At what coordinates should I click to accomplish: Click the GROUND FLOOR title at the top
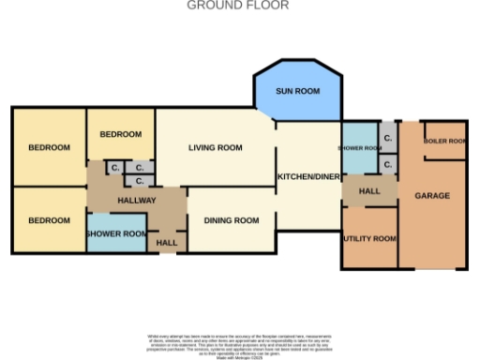(x=238, y=6)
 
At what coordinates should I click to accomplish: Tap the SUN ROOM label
(x=297, y=92)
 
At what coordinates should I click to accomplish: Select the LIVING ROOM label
(x=215, y=148)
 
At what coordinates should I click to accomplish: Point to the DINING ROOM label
(x=231, y=221)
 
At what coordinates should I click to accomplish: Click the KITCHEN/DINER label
(x=307, y=177)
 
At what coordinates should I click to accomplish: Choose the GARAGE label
(x=432, y=196)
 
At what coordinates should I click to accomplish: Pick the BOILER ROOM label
(x=444, y=142)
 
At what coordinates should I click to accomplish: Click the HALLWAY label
(x=136, y=201)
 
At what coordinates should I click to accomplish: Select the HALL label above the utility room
(x=369, y=191)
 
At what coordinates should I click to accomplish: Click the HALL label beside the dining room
(x=167, y=244)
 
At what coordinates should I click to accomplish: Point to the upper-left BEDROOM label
(x=49, y=148)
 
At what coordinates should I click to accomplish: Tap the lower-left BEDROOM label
(x=49, y=221)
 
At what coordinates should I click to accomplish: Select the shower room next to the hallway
(x=116, y=234)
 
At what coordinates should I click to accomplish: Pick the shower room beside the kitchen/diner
(x=359, y=148)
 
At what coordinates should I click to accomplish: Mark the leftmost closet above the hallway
(x=114, y=168)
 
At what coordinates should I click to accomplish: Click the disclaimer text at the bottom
(x=238, y=344)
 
